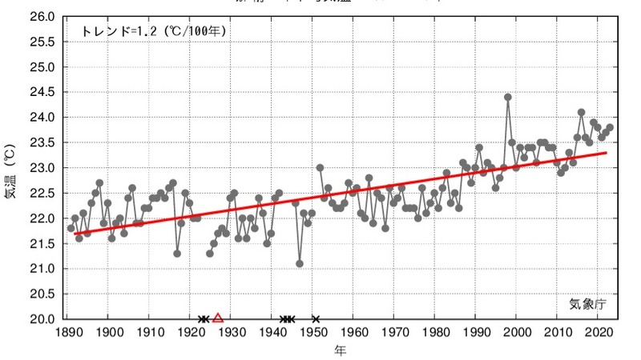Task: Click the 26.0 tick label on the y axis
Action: (x=43, y=17)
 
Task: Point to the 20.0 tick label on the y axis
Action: (x=43, y=318)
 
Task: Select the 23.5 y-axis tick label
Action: (x=43, y=142)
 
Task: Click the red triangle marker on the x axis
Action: (x=218, y=318)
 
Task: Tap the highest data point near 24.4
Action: (x=508, y=98)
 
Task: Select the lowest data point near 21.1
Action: (x=300, y=263)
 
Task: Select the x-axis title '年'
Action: (x=341, y=350)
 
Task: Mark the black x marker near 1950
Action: (x=316, y=318)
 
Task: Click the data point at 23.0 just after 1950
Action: (x=320, y=168)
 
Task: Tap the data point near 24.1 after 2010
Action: (x=582, y=113)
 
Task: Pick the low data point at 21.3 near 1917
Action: (x=177, y=253)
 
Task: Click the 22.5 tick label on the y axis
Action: (x=43, y=193)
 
